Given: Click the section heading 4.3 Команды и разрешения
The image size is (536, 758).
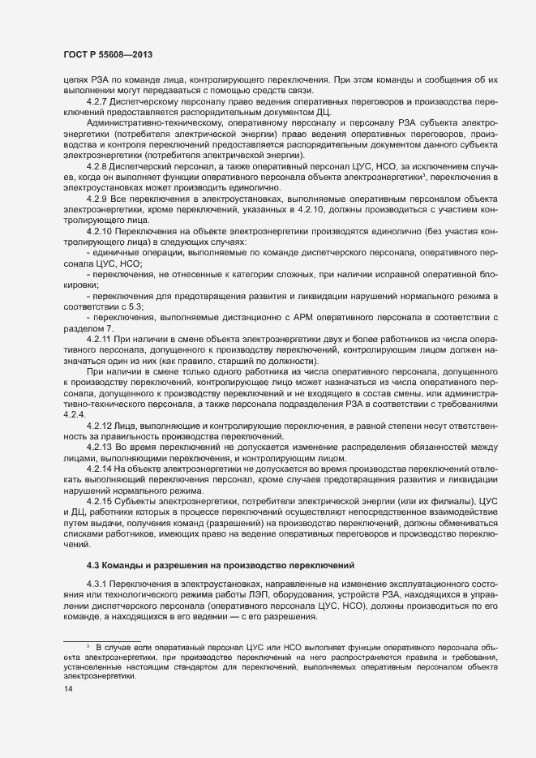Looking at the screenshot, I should (x=219, y=564).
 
